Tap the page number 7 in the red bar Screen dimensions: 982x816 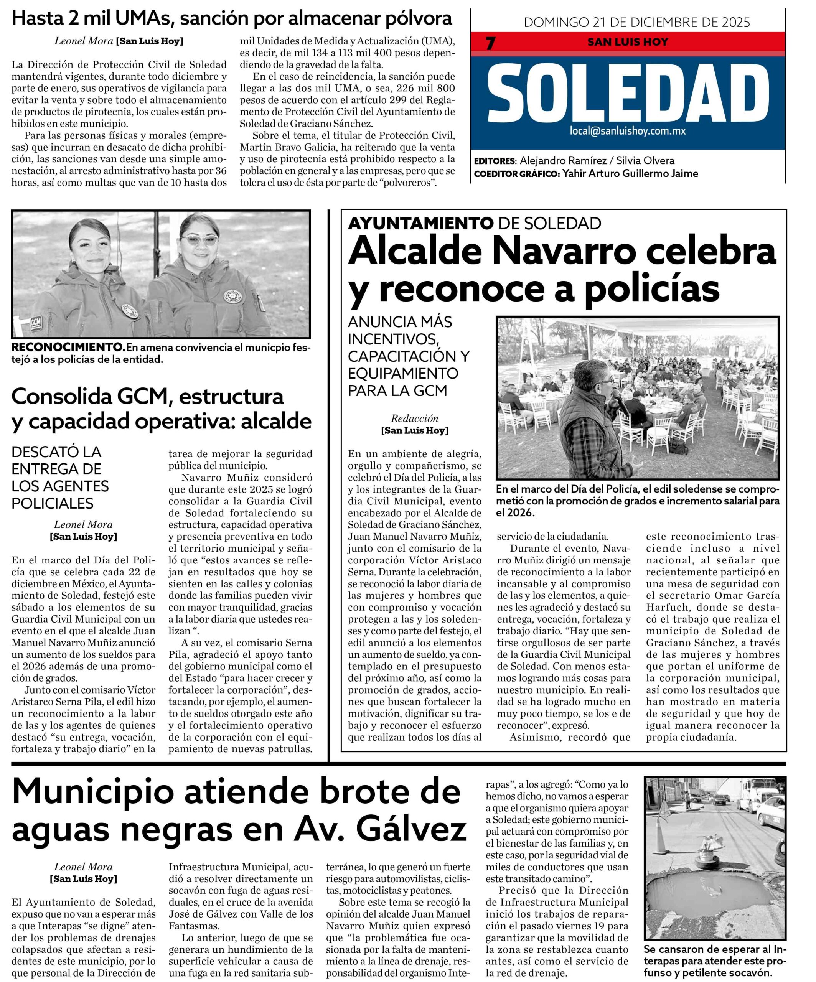pyautogui.click(x=490, y=43)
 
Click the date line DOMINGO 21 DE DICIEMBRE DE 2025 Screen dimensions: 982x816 pyautogui.click(x=637, y=22)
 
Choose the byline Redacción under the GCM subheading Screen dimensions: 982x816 pyautogui.click(x=414, y=418)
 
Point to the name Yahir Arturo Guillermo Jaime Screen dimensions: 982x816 pyautogui.click(x=630, y=173)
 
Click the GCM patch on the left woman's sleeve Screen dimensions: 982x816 pyautogui.click(x=35, y=323)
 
